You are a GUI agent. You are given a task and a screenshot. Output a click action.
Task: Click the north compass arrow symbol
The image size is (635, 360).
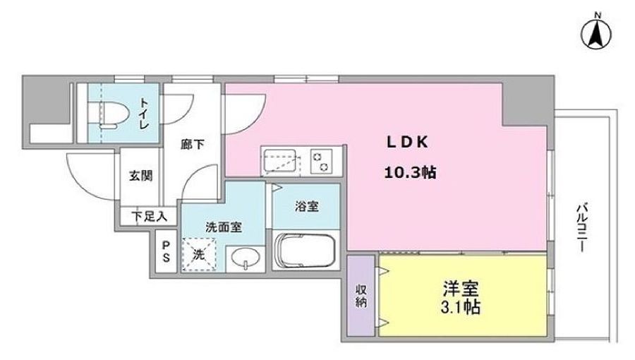coord(596,35)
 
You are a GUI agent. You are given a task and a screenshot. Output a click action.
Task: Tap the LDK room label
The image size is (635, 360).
coord(407,142)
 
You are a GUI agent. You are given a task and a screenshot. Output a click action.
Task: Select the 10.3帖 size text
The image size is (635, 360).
coord(410,173)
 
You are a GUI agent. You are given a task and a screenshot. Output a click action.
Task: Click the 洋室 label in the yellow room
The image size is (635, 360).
coord(461,289)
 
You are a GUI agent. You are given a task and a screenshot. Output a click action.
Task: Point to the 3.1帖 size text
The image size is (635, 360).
coord(461,307)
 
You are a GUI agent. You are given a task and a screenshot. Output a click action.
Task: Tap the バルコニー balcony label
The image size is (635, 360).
coord(581,229)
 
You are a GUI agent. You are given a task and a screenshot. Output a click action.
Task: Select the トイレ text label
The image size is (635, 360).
coord(144,114)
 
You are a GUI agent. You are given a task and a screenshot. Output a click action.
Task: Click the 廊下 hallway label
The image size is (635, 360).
coord(193,144)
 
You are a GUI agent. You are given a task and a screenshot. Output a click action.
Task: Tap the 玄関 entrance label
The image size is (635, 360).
coord(141,176)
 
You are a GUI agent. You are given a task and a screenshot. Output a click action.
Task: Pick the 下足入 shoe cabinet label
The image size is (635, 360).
coord(149,216)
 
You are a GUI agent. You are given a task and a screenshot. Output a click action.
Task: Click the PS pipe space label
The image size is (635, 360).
coord(166,251)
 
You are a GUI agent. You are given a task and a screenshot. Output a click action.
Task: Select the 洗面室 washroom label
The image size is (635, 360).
coord(224,227)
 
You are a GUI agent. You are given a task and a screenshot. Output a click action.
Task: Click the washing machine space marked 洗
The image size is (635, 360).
coord(199,255)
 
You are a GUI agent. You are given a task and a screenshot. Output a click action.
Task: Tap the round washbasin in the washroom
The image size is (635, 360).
coord(246,258)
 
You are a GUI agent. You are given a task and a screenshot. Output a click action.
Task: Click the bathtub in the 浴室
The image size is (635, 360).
coord(306,251)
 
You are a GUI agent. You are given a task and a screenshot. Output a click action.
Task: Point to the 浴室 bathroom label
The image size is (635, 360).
coord(307,206)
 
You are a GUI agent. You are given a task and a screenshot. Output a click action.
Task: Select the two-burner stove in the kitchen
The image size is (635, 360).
coord(321,161)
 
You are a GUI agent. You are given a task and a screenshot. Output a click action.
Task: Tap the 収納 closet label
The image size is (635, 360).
coord(361,296)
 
